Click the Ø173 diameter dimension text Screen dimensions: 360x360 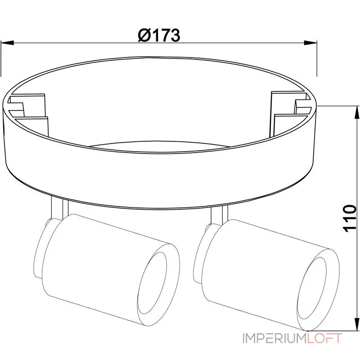point(159,36)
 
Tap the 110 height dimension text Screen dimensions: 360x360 point(349,218)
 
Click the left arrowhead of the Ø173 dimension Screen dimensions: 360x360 point(7,43)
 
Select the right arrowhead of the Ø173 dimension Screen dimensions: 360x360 point(310,43)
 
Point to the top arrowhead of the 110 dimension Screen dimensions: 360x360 point(357,112)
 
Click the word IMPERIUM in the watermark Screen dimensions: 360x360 point(274,338)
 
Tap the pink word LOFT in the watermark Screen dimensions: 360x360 point(324,338)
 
